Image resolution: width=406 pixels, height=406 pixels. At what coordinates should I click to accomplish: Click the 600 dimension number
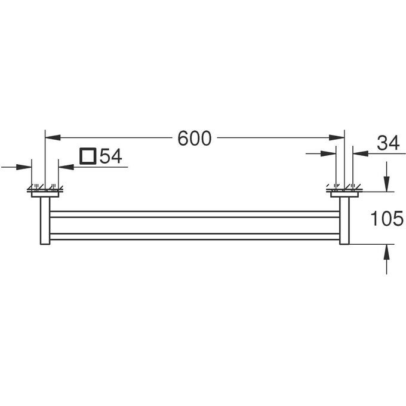point(195,139)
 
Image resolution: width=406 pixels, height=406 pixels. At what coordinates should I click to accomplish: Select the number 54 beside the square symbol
point(111,156)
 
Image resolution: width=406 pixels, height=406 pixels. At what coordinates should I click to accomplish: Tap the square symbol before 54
point(88,156)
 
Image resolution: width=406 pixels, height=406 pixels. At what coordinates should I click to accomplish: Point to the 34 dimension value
point(388,143)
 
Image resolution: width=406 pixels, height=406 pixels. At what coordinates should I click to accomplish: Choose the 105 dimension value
point(387,218)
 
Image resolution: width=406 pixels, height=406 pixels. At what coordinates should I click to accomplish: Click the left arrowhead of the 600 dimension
point(53,137)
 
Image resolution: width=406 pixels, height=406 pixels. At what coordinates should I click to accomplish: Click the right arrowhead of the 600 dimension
point(337,137)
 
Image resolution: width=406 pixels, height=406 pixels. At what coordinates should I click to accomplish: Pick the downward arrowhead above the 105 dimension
point(386,184)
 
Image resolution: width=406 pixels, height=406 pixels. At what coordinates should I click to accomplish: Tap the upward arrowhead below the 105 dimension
point(386,252)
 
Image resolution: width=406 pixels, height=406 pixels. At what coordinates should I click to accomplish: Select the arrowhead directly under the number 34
point(361,153)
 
